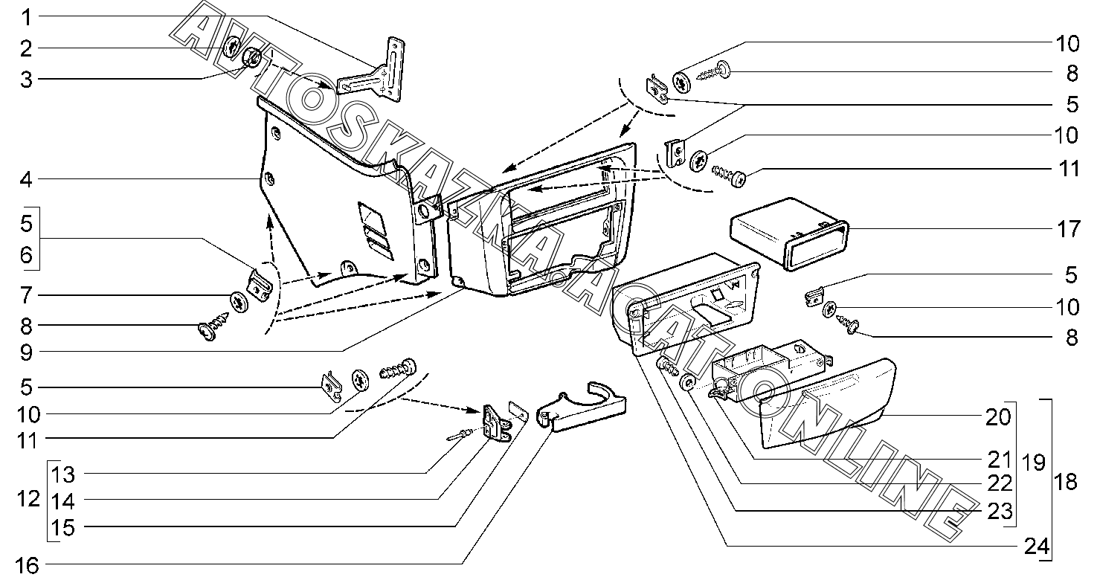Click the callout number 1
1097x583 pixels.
(27, 16)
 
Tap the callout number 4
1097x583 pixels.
(27, 179)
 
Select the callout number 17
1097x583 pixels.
(1069, 228)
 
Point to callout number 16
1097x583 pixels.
(27, 566)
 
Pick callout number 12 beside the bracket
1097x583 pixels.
(28, 499)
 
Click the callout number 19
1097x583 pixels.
(1033, 463)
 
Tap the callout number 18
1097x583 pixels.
(1065, 482)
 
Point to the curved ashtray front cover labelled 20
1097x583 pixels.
(826, 402)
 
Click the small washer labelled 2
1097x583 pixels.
(232, 48)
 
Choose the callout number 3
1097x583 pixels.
(27, 80)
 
